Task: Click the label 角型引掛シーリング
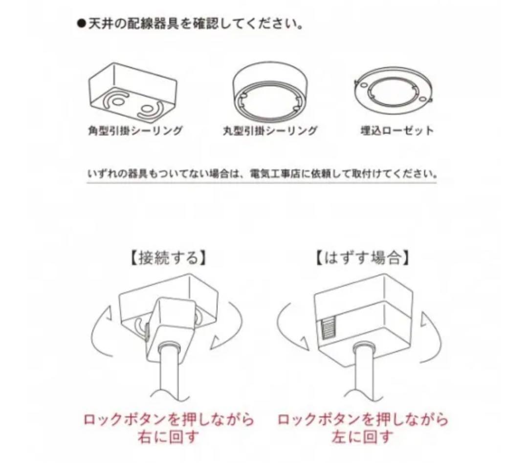pyautogui.click(x=135, y=130)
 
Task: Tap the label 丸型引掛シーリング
pyautogui.click(x=270, y=130)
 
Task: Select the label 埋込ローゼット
pyautogui.click(x=397, y=130)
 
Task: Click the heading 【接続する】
pyautogui.click(x=167, y=258)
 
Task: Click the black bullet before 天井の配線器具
pyautogui.click(x=82, y=24)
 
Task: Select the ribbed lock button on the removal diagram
pyautogui.click(x=329, y=328)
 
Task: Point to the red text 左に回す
pyautogui.click(x=362, y=438)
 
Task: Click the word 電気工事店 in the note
pyautogui.click(x=275, y=174)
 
